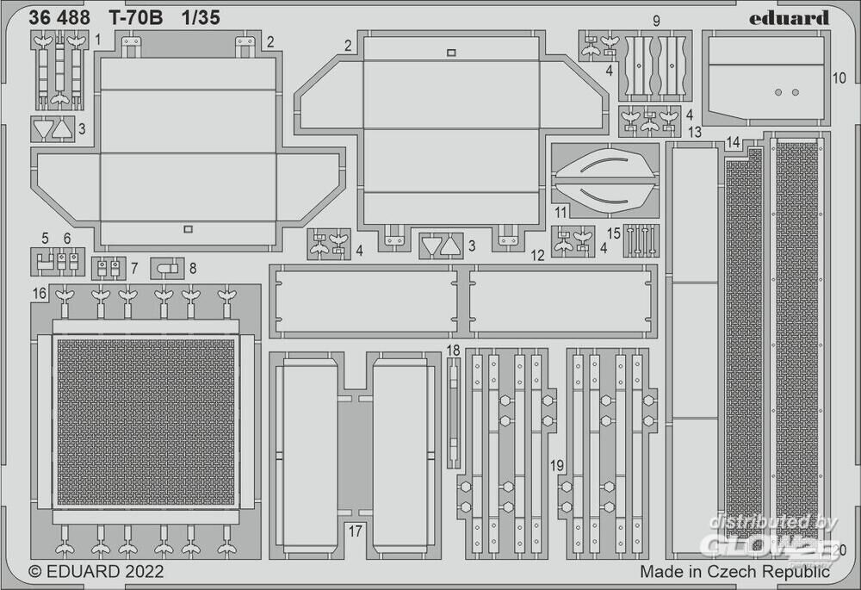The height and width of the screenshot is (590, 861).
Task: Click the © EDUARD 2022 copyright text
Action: coord(96,570)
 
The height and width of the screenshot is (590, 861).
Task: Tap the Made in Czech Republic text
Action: coord(734,571)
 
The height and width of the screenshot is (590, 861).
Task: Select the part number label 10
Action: coord(839,77)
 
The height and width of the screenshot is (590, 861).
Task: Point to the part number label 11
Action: coord(561,212)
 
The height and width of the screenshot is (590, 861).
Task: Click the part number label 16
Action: coord(40,294)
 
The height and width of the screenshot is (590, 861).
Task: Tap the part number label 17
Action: coord(356,531)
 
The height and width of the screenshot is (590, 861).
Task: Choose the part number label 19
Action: coord(558,466)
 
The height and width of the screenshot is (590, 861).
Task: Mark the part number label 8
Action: coord(192,268)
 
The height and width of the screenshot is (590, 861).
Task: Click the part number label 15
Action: coord(614,233)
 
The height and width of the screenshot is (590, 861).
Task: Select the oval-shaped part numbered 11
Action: coord(604,179)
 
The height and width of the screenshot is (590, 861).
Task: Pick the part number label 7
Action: coord(134,268)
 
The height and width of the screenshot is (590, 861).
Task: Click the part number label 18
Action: coord(454,350)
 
